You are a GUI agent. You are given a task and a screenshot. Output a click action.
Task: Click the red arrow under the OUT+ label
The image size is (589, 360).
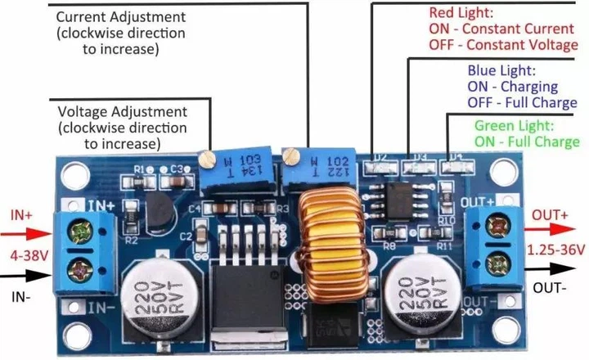click(x=555, y=232)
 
